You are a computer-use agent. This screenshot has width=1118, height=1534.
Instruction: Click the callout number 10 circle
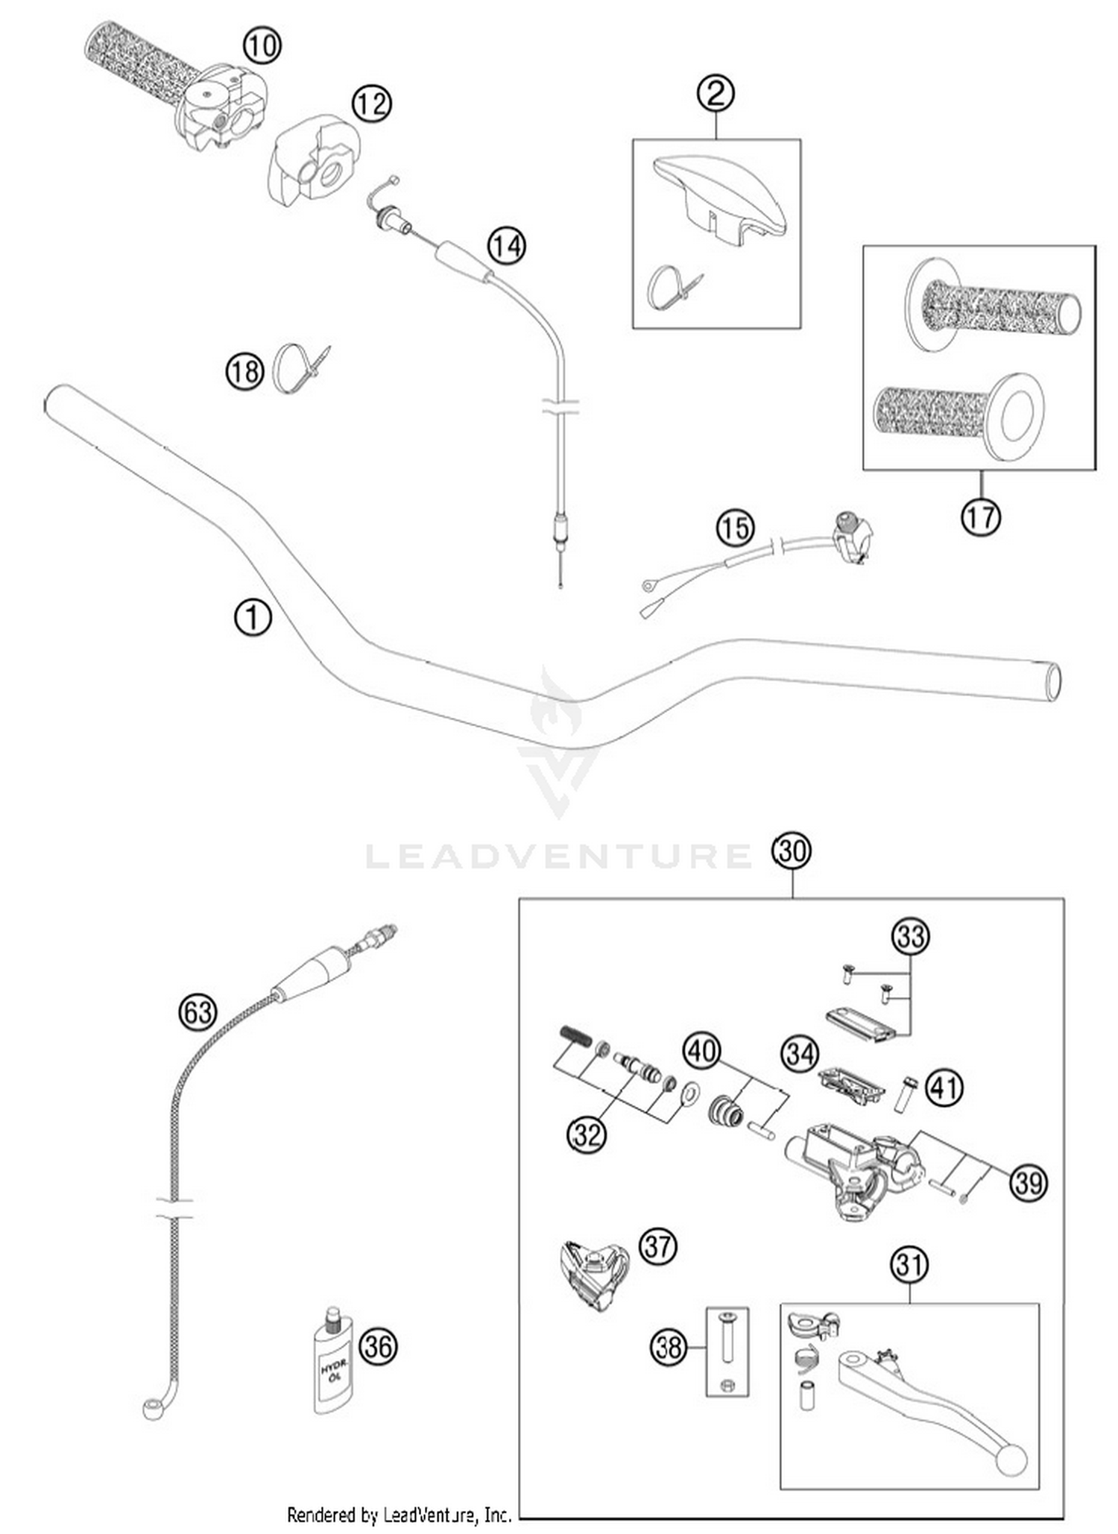[x=262, y=46]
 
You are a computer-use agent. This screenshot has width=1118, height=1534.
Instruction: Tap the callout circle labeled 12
[x=371, y=103]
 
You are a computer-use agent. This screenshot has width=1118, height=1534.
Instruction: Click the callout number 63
[x=198, y=1012]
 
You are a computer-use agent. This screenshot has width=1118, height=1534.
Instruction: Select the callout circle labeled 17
[x=980, y=516]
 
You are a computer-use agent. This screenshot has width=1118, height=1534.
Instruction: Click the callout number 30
[x=792, y=850]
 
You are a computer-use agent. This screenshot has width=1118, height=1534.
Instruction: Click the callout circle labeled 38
[x=669, y=1347]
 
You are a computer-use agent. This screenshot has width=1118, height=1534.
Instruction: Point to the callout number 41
[x=944, y=1089]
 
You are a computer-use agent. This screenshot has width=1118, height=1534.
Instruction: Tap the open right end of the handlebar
[x=1053, y=681]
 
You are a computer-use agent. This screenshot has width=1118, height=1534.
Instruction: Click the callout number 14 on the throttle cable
[x=506, y=245]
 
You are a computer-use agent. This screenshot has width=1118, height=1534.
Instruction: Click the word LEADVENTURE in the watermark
[x=559, y=856]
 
